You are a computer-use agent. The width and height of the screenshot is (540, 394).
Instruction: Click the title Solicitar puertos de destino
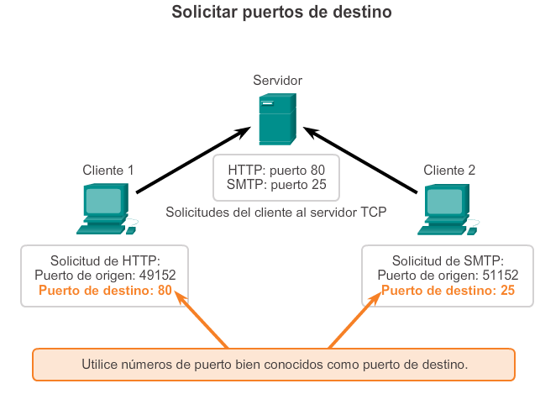(270, 13)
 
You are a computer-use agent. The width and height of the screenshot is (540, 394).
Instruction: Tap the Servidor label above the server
(277, 80)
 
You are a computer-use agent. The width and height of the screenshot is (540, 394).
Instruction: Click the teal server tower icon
(276, 119)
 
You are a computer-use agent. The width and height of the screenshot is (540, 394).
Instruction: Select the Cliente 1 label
(108, 170)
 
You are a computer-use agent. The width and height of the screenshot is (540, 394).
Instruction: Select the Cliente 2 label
(449, 170)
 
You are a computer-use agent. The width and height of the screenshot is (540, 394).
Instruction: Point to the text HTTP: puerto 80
(276, 170)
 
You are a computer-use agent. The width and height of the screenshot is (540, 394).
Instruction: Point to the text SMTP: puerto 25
(276, 185)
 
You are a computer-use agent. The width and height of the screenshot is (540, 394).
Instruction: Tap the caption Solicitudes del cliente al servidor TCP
(276, 213)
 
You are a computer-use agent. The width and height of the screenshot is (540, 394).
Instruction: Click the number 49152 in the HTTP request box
(156, 276)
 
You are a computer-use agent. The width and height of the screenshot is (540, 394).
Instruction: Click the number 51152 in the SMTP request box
(499, 276)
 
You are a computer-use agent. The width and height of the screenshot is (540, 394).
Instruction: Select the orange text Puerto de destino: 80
(105, 291)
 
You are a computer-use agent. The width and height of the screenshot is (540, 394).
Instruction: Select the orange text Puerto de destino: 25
(448, 291)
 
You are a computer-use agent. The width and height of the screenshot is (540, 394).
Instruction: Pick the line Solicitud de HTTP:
(105, 260)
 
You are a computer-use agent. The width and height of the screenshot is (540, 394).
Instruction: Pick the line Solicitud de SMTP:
(448, 260)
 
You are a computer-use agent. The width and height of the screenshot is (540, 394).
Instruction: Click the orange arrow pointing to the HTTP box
(202, 319)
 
